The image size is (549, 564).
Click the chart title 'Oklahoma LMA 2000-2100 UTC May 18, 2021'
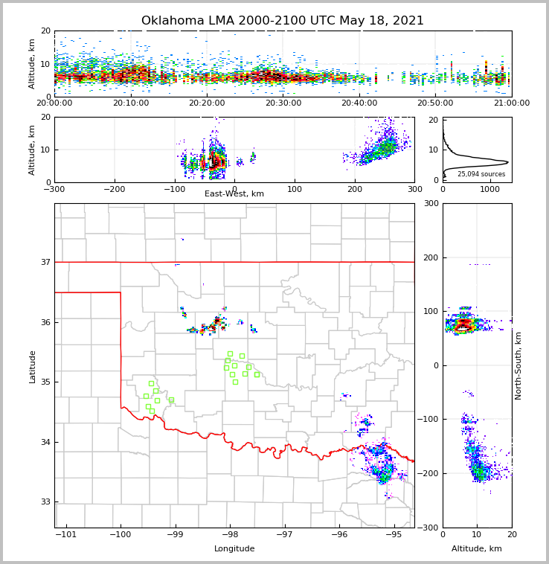point(283,21)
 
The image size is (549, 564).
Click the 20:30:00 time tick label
point(283,103)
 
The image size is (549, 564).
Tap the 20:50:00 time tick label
point(435,103)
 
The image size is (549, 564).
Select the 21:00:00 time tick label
point(511,103)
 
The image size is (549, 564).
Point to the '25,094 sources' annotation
point(481,174)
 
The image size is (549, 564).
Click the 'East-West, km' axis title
point(234,194)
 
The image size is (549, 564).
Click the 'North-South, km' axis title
point(518,365)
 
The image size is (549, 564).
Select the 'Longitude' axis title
point(234,549)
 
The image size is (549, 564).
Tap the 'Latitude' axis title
point(33,366)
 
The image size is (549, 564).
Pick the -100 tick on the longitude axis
point(121,534)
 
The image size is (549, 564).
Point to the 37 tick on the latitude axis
point(45,262)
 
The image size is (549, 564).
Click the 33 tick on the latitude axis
point(45,501)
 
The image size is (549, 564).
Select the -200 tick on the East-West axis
point(115,189)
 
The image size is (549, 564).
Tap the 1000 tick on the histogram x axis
point(489,189)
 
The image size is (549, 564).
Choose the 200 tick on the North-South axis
point(430,257)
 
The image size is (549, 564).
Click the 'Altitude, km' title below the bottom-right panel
point(477,549)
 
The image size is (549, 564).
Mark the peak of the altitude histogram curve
point(507,161)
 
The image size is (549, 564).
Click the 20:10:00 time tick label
point(130,103)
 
